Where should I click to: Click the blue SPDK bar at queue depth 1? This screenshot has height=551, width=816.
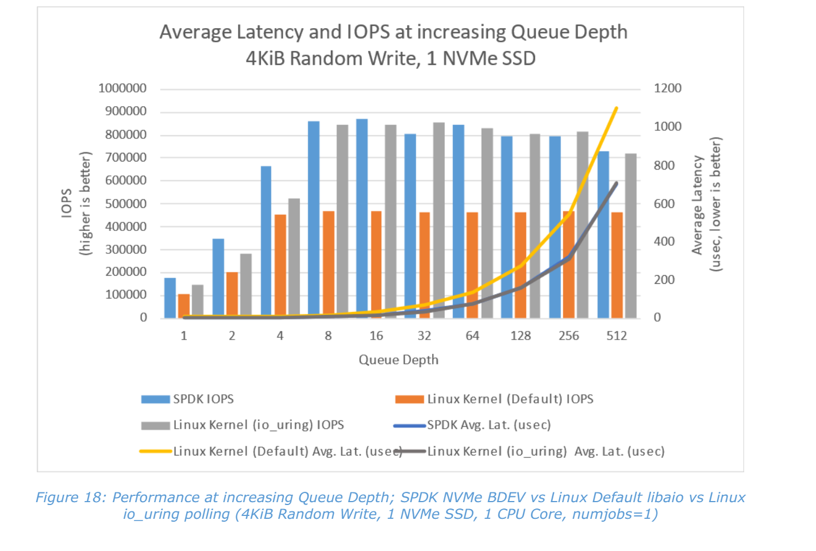click(170, 298)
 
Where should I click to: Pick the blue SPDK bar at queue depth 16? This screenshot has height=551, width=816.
click(362, 218)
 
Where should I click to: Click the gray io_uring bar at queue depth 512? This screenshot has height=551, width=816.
click(631, 236)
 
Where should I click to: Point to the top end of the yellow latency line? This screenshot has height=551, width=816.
click(617, 108)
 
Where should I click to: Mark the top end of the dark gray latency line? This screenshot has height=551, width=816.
click(617, 183)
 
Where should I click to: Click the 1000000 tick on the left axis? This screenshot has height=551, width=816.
click(122, 88)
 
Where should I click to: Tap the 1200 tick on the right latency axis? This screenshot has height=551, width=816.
click(667, 88)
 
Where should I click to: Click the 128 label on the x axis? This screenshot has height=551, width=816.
click(521, 336)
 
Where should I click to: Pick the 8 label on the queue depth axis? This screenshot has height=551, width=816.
click(328, 336)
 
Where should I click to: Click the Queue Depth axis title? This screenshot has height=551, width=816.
click(398, 360)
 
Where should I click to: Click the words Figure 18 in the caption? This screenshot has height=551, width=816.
click(70, 498)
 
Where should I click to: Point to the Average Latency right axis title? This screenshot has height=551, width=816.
click(697, 205)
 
